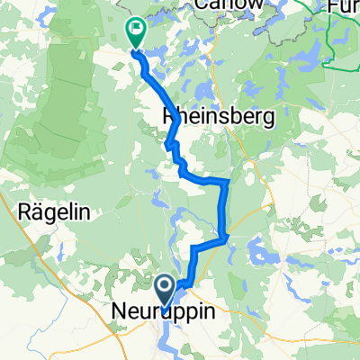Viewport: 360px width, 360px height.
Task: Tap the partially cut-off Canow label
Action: (x=230, y=5)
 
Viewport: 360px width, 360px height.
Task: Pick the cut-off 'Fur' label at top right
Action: (x=346, y=5)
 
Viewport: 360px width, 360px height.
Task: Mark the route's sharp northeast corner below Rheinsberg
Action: (x=228, y=182)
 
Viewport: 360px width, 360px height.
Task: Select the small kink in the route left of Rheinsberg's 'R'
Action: (x=169, y=142)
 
